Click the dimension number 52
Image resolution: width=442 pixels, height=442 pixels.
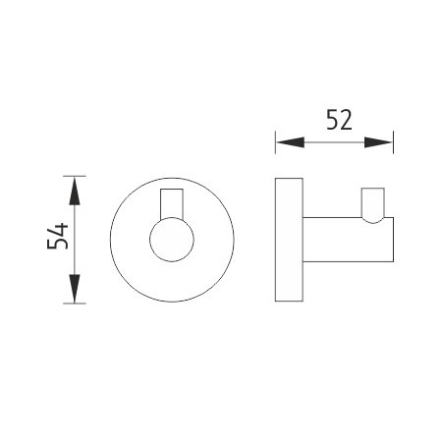[339, 120]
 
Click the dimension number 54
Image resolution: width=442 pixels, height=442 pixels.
[58, 236]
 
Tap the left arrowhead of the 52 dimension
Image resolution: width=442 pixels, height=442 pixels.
[291, 142]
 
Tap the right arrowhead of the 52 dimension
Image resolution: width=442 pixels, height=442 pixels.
[378, 142]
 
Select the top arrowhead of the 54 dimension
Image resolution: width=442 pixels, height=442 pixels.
[75, 191]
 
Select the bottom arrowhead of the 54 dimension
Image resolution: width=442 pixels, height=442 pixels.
[75, 289]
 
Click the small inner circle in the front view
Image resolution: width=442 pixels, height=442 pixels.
[172, 240]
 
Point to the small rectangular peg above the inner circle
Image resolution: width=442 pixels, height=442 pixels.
[172, 203]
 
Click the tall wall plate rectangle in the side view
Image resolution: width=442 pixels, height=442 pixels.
[289, 240]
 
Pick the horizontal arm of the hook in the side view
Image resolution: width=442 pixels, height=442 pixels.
[348, 240]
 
